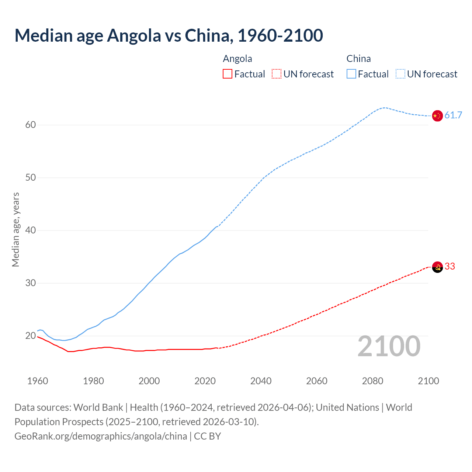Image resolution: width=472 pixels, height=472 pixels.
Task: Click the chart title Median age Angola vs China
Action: (x=169, y=36)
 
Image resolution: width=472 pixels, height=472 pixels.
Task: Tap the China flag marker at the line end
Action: (x=437, y=116)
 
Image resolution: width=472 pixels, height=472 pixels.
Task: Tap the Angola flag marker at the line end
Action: (x=437, y=267)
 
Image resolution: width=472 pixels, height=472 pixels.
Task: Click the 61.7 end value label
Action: (x=453, y=115)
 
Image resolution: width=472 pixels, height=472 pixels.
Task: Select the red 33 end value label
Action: (x=450, y=267)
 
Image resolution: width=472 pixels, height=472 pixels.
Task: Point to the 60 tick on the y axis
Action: (x=31, y=125)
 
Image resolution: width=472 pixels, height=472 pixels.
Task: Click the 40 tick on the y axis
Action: (x=31, y=230)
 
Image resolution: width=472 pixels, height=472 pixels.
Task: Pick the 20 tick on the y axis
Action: (x=31, y=336)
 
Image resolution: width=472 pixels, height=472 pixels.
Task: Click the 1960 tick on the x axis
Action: (x=38, y=381)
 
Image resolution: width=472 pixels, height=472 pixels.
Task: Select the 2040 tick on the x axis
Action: (x=261, y=381)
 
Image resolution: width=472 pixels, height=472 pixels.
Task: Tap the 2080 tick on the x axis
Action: (x=372, y=381)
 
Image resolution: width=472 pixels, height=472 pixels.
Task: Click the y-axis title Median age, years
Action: (x=15, y=229)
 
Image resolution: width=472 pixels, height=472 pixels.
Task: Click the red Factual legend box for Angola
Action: (x=228, y=74)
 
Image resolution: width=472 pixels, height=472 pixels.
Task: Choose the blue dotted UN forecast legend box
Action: (x=400, y=74)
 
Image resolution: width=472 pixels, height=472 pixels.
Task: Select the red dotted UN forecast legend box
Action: (x=277, y=74)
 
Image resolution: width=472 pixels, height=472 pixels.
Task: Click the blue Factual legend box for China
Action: (x=351, y=74)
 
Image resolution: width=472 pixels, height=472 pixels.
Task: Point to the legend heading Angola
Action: (x=237, y=59)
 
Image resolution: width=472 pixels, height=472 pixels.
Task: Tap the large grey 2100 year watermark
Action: (x=389, y=346)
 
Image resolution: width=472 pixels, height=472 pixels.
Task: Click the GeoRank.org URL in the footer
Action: (x=101, y=436)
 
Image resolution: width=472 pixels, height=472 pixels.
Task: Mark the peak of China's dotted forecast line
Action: (x=385, y=108)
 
